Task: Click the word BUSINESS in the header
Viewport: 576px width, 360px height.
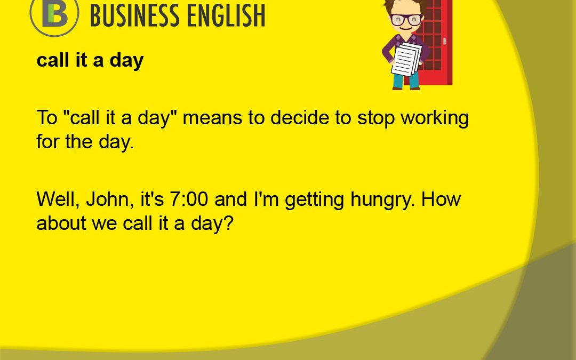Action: coord(135,15)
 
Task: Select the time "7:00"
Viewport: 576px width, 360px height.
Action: coord(189,199)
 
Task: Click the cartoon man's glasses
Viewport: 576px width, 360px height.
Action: coord(406,19)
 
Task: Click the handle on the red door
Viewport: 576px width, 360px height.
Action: coord(445,41)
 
